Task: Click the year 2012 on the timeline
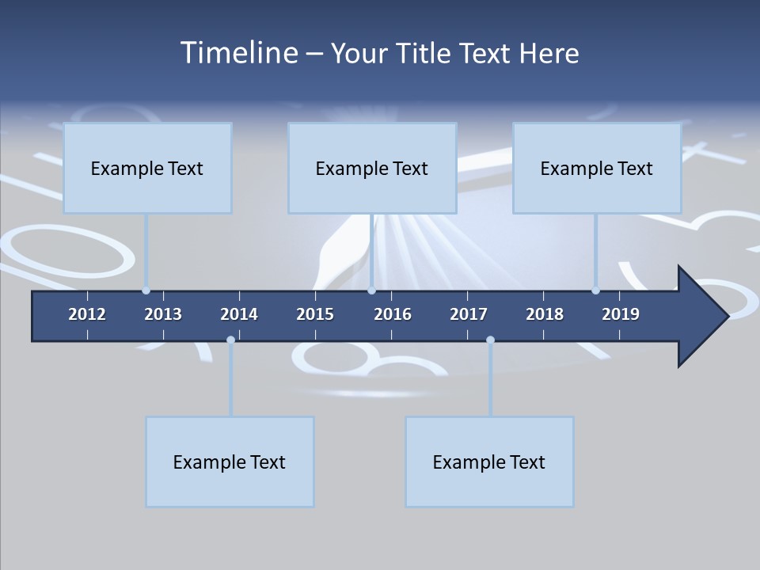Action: (87, 314)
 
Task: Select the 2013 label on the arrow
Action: (163, 314)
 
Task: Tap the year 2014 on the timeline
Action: (239, 314)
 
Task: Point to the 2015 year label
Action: (315, 314)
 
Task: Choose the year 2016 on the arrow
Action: (393, 314)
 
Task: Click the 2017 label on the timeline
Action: (469, 314)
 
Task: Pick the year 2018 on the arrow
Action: (545, 314)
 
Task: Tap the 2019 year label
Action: (621, 314)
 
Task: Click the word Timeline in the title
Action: (238, 53)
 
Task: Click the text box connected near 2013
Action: (147, 168)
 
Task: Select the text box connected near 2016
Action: (372, 168)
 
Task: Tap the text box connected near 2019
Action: (597, 168)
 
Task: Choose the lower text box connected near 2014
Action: (230, 462)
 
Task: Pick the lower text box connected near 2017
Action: (489, 462)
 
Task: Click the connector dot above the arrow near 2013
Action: (146, 291)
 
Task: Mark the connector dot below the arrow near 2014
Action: (230, 340)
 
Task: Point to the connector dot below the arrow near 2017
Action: (490, 340)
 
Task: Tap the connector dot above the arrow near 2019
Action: (595, 291)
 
